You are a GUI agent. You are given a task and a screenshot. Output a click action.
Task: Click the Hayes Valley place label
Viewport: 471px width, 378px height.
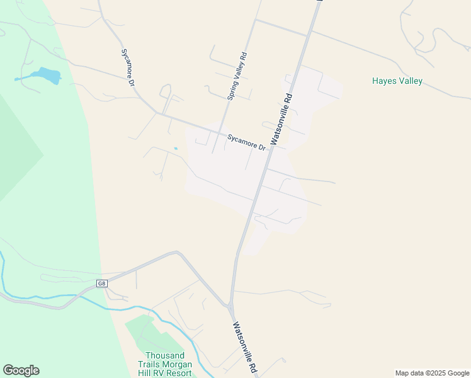397,81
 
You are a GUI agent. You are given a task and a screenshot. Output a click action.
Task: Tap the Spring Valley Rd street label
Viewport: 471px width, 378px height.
237,76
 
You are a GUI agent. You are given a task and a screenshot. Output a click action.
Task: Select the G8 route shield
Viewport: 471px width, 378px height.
101,283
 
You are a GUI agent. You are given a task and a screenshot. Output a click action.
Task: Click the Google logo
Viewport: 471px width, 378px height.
21,370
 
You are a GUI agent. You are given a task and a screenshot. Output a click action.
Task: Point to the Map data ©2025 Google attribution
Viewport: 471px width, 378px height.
432,373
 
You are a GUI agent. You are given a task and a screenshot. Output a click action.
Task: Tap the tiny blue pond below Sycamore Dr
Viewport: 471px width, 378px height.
175,149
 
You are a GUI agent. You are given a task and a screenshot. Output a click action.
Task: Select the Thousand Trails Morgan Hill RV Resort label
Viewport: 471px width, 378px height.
164,364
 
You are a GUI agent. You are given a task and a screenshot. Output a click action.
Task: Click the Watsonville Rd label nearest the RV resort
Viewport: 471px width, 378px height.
246,346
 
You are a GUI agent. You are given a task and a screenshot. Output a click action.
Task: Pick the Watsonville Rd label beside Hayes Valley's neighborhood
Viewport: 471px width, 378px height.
281,120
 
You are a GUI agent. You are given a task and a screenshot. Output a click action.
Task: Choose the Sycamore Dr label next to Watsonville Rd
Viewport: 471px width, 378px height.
246,142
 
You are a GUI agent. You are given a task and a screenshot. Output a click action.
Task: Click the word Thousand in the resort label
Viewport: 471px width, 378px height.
164,355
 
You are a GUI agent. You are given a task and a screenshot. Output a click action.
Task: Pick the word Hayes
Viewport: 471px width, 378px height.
383,81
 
